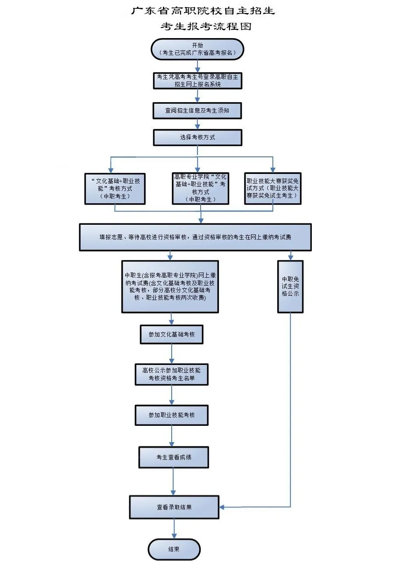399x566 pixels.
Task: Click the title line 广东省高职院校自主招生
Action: point(203,11)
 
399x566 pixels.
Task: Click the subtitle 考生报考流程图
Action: point(205,26)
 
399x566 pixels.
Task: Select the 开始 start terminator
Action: point(197,49)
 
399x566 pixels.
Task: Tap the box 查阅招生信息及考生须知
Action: point(197,110)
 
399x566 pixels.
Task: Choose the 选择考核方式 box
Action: point(197,137)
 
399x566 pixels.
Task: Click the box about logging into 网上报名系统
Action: point(197,81)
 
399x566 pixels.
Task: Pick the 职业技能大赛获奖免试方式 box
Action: point(273,188)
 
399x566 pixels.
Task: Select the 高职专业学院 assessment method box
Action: point(200,188)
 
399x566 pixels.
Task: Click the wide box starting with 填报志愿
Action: point(195,237)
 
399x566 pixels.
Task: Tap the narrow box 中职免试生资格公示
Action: point(290,287)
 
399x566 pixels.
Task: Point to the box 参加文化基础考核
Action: point(172,334)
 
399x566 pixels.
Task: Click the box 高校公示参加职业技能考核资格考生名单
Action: point(172,374)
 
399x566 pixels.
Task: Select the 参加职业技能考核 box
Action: point(172,415)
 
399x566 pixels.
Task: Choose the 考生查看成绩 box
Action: point(173,457)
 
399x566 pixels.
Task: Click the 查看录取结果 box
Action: point(174,507)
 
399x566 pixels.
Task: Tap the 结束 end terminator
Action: point(174,549)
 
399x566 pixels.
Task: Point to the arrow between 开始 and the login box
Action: point(198,65)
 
